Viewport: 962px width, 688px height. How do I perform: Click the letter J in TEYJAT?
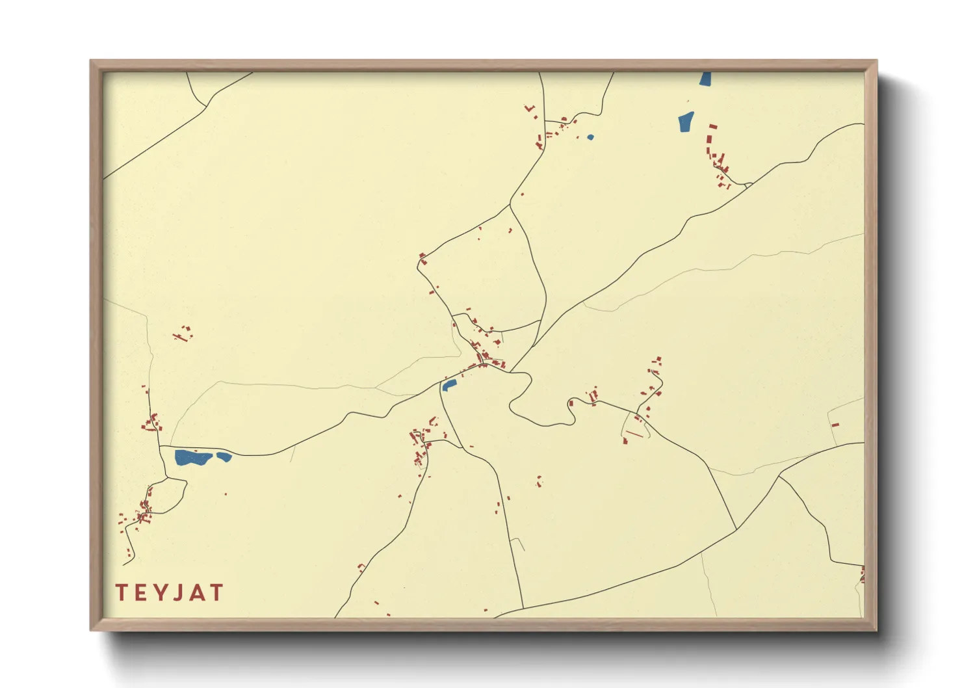click(x=181, y=593)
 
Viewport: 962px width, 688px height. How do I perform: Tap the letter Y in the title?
click(x=162, y=593)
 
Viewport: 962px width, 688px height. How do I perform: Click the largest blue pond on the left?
click(x=192, y=458)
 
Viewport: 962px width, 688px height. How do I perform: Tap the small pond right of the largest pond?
click(x=224, y=456)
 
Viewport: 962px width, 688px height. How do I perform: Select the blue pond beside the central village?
click(x=448, y=385)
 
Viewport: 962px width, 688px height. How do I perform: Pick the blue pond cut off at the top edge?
click(x=705, y=79)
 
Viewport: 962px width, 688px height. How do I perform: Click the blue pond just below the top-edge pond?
click(x=686, y=122)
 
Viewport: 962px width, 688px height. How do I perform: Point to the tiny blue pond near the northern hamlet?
click(x=590, y=137)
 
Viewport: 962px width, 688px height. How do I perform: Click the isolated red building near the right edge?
click(x=835, y=425)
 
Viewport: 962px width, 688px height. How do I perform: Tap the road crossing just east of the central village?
click(x=512, y=372)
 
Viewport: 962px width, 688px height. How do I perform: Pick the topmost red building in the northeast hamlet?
click(x=712, y=126)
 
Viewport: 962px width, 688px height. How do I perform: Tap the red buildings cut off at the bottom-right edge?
click(x=862, y=575)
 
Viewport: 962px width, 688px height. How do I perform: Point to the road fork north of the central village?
click(x=510, y=206)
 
